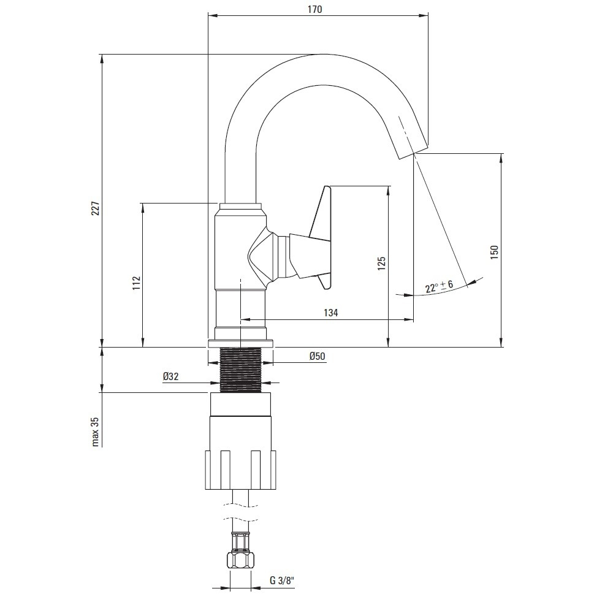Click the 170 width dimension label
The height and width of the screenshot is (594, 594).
[x=315, y=9]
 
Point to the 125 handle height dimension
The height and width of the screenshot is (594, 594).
[x=381, y=263]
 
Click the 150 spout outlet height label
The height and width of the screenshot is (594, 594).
[x=494, y=253]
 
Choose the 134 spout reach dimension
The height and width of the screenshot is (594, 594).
[x=331, y=313]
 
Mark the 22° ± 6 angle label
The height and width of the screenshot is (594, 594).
[x=439, y=286]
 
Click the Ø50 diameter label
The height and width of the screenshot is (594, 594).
[x=317, y=356]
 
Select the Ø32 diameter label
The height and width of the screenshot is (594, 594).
[x=170, y=376]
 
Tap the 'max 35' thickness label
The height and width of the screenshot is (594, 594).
[x=95, y=432]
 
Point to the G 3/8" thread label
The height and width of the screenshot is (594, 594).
[x=282, y=581]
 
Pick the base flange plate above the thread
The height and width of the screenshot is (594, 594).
[x=240, y=344]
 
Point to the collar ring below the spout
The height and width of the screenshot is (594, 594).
[x=240, y=207]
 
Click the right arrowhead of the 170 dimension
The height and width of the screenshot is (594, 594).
[x=424, y=15]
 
